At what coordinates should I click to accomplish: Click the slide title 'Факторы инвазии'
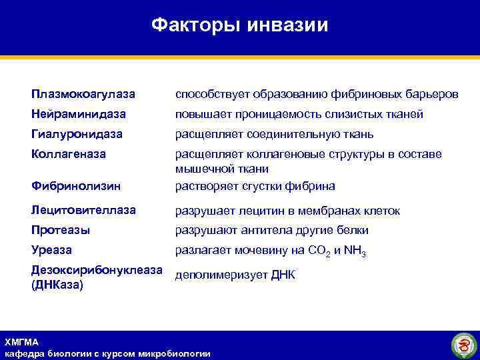click(239, 25)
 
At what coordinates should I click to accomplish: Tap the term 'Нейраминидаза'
click(79, 114)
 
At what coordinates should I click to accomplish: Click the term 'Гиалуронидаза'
click(77, 134)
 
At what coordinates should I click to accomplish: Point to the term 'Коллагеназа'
click(69, 153)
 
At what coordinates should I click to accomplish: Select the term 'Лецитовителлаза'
click(84, 210)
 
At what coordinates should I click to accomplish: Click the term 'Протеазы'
click(61, 230)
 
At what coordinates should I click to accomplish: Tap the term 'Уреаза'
click(52, 250)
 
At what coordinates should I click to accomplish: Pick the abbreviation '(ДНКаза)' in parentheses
click(57, 285)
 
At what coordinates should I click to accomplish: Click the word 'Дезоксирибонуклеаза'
click(97, 270)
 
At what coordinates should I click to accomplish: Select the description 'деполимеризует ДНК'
click(235, 275)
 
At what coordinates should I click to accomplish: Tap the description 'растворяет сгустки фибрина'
click(255, 185)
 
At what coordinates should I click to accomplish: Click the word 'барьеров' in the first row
click(433, 95)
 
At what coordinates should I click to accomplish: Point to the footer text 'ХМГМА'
click(21, 342)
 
